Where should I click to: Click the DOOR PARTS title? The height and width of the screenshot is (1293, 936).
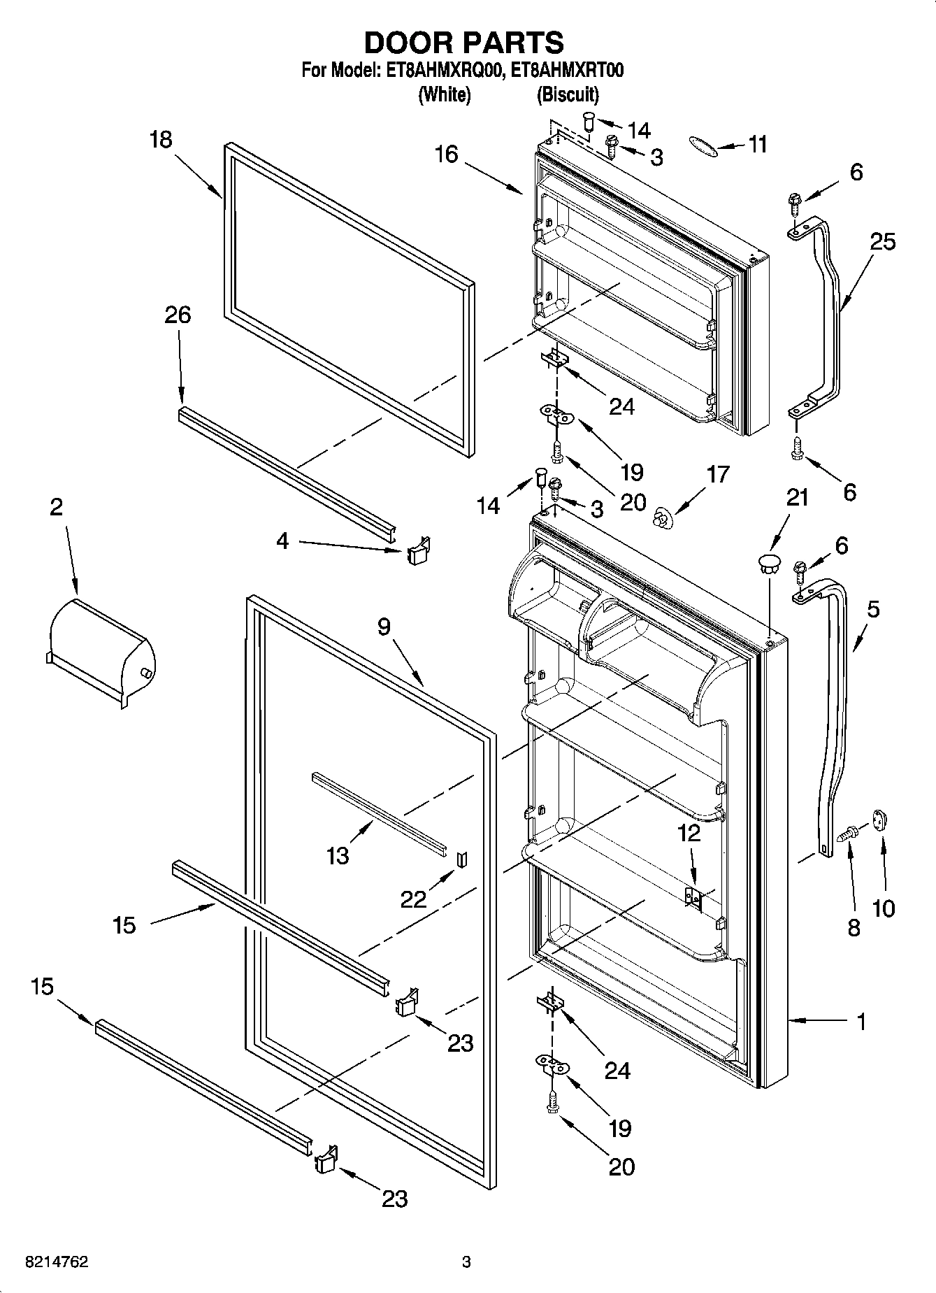point(464,43)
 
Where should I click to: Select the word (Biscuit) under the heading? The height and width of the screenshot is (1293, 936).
point(568,94)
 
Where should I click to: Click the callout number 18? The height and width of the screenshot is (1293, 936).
point(161,140)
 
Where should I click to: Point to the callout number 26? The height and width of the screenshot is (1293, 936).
point(178,315)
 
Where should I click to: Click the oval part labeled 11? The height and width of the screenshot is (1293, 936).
point(702,145)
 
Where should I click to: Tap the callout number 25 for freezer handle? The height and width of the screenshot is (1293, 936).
point(883,242)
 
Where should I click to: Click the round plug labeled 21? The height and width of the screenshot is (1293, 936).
point(768,564)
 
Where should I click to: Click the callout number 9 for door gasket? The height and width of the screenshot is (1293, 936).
point(384,627)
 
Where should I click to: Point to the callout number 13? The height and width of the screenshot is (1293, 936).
point(338,855)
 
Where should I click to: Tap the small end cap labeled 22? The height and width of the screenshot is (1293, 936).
point(461,859)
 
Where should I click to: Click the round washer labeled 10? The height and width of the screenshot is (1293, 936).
point(879,820)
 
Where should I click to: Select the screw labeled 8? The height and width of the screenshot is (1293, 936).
point(849,833)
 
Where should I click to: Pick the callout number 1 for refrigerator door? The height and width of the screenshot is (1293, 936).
point(861,1022)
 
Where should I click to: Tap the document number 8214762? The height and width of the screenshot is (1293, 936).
point(57,1262)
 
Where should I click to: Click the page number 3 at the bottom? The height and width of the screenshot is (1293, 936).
point(466,1262)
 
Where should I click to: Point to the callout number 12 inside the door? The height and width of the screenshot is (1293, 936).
point(689,832)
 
